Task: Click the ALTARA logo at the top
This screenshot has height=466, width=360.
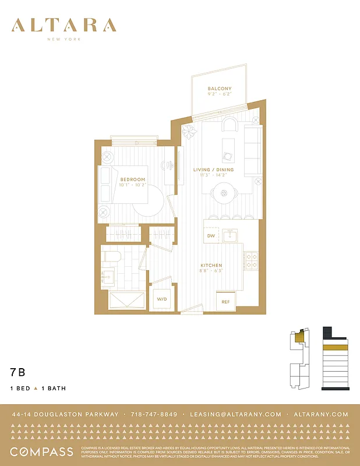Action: pyautogui.click(x=64, y=26)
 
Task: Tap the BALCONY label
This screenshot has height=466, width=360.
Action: pyautogui.click(x=220, y=89)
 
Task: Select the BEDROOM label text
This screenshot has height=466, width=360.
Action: pyautogui.click(x=133, y=179)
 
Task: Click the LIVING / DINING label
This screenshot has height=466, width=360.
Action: pyautogui.click(x=213, y=170)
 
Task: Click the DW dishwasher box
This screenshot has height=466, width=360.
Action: pyautogui.click(x=211, y=236)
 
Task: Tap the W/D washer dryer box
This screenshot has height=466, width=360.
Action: pyautogui.click(x=161, y=299)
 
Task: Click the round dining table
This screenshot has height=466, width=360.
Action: pyautogui.click(x=223, y=192)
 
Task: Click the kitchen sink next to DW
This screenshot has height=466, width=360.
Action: pyautogui.click(x=231, y=235)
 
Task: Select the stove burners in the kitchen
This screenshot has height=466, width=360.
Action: pyautogui.click(x=251, y=260)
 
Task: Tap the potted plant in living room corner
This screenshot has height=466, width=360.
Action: pyautogui.click(x=189, y=132)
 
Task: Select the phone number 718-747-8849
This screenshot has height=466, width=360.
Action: pyautogui.click(x=154, y=414)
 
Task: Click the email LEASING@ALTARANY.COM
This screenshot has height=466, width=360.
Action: pyautogui.click(x=235, y=414)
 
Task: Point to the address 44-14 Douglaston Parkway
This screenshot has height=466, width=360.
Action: pyautogui.click(x=65, y=414)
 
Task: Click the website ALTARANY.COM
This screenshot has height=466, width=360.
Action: pyautogui.click(x=321, y=414)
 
